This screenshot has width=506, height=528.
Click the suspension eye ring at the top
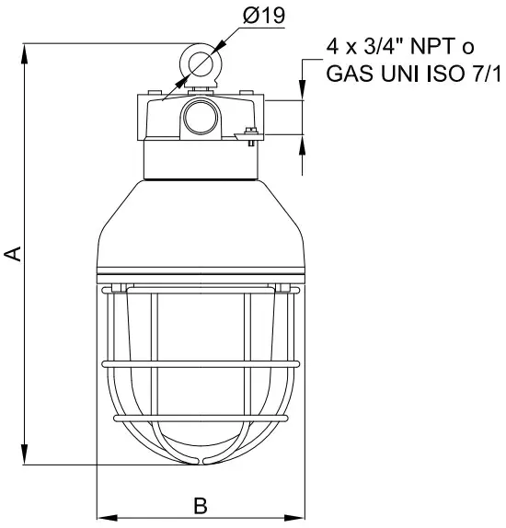tap(200, 63)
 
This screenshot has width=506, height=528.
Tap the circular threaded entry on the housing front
tap(200, 117)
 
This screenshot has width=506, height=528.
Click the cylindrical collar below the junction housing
tap(200, 161)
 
